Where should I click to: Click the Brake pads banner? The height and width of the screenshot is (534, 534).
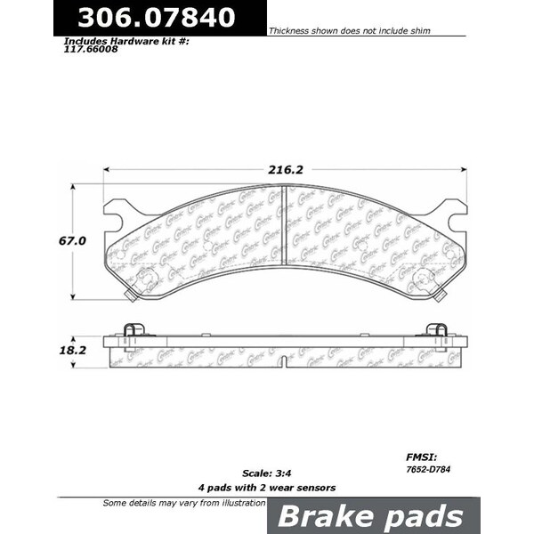[371, 517]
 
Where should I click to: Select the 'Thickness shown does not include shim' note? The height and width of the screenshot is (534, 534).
[350, 30]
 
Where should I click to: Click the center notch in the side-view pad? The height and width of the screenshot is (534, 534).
[283, 361]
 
